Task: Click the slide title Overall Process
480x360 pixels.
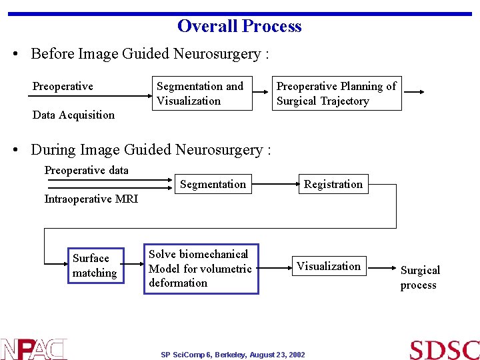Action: pos(239,26)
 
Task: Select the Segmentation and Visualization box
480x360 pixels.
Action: pos(202,93)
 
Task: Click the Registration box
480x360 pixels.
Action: pos(333,184)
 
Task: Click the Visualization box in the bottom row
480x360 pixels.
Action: pos(328,266)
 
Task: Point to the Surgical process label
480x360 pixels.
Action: pos(419,277)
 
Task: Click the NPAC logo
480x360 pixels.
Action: pos(33,349)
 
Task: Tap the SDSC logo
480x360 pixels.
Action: pos(444,349)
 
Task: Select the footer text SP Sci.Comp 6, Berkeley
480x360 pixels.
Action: pos(233,355)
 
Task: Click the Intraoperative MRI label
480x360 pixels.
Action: pos(91,199)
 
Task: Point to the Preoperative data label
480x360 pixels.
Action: pos(86,170)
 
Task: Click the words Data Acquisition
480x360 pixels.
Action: pos(73,115)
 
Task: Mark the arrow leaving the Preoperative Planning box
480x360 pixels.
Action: pos(413,93)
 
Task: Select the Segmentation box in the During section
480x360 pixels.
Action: pos(213,184)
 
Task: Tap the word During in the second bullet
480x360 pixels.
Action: pos(53,150)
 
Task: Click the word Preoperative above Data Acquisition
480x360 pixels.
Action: pos(63,86)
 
